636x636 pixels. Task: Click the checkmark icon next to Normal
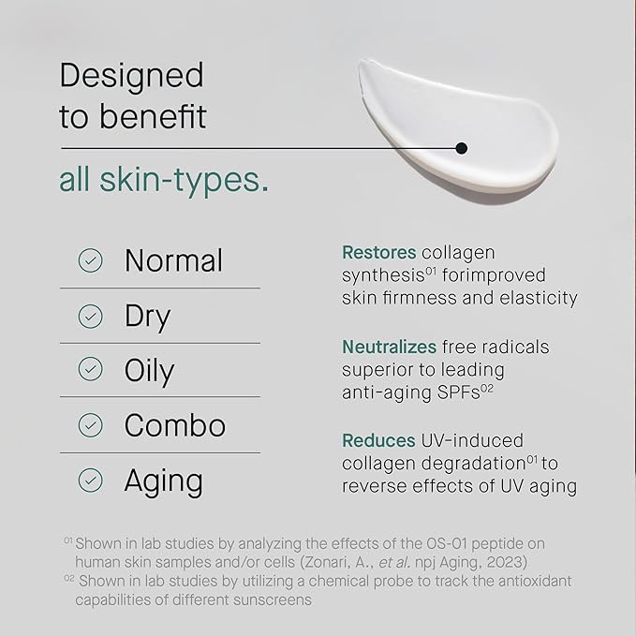click(x=91, y=260)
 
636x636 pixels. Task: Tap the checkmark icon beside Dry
click(x=91, y=316)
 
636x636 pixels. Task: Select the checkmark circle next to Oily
click(x=91, y=370)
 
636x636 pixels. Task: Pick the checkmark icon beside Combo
click(x=91, y=425)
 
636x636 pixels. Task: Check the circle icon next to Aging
click(x=91, y=481)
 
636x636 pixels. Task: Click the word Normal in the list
click(x=173, y=260)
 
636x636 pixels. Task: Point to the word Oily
click(x=149, y=371)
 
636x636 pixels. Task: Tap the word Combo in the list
click(x=175, y=425)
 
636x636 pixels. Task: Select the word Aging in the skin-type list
click(x=163, y=481)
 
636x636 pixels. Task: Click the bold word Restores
click(x=379, y=253)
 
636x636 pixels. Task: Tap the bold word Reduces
click(x=379, y=440)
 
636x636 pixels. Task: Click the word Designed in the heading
click(x=131, y=75)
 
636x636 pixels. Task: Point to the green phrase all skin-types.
click(x=164, y=180)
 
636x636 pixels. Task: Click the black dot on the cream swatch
click(x=461, y=147)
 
